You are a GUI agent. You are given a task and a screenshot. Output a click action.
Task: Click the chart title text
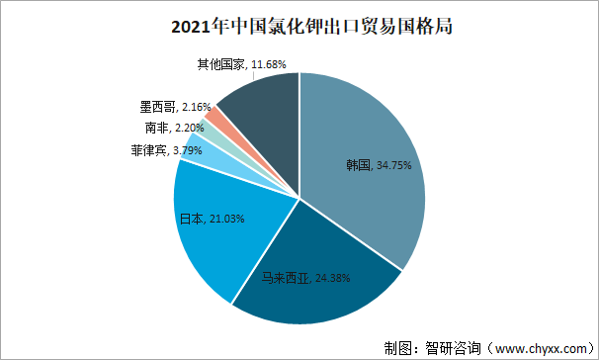pos(299,27)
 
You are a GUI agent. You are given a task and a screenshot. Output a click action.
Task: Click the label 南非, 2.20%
pos(173,128)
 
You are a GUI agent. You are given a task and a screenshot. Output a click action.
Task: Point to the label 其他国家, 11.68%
pos(241,64)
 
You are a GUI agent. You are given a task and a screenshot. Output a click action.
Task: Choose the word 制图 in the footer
pos(397,347)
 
